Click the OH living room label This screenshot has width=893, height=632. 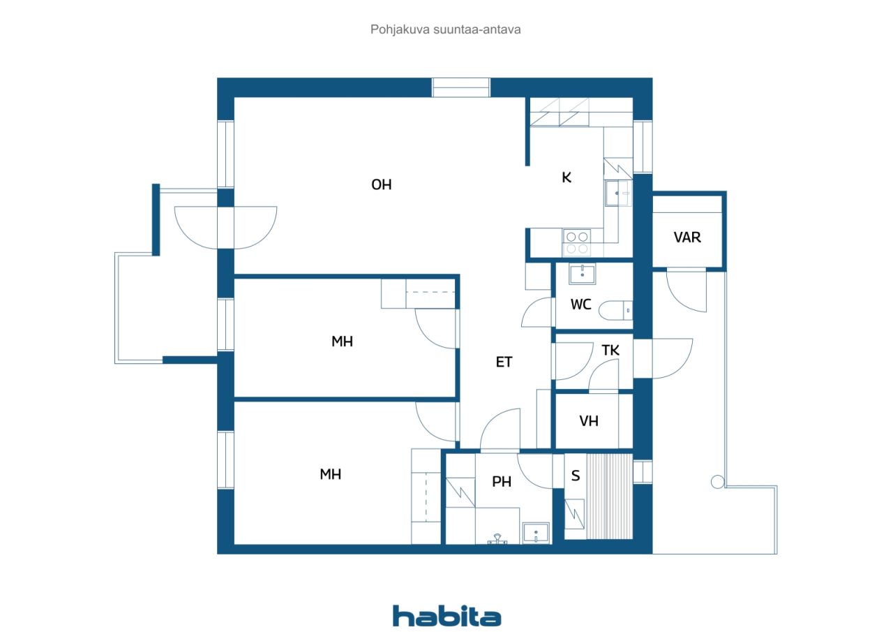[382, 185]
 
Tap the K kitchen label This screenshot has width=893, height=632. [566, 177]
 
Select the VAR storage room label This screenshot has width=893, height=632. [687, 237]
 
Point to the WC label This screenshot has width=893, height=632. [581, 304]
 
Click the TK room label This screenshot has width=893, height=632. [610, 351]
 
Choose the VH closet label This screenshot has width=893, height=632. [589, 421]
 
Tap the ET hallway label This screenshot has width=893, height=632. [504, 362]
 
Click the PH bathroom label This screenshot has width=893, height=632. [502, 482]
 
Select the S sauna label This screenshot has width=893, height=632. [576, 476]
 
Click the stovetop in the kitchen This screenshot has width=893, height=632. [576, 242]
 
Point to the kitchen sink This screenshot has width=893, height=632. [618, 193]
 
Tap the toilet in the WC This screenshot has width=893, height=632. [615, 311]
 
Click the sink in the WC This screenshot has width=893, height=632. [583, 274]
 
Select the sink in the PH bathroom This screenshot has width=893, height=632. [536, 533]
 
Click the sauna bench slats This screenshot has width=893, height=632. [609, 497]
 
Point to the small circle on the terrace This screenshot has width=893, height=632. [718, 482]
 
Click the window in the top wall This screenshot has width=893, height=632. [461, 87]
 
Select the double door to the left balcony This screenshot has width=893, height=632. [225, 228]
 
